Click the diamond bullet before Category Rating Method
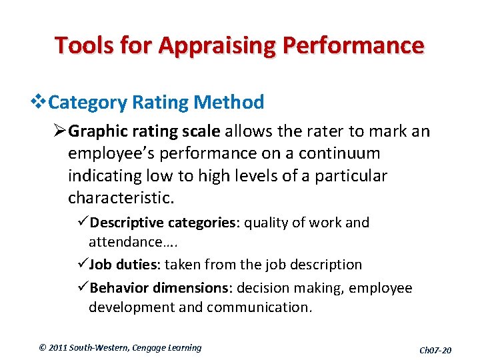[41, 103]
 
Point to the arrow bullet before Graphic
[61, 131]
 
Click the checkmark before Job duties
[83, 265]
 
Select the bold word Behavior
[118, 288]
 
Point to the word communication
[260, 307]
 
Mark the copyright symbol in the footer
[42, 347]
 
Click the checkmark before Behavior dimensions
[83, 288]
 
